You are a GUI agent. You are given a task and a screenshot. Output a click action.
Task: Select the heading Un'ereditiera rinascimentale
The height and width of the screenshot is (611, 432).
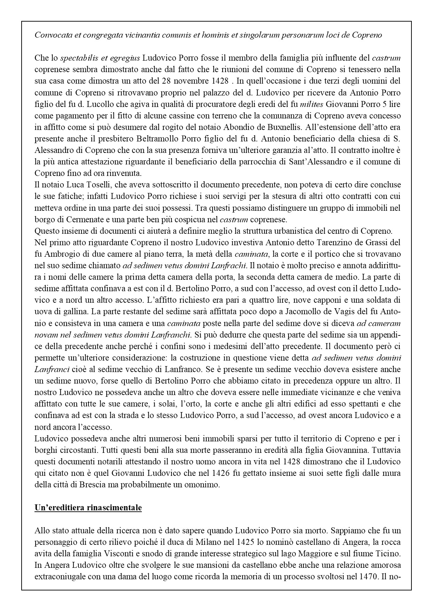pyautogui.click(x=88, y=508)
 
